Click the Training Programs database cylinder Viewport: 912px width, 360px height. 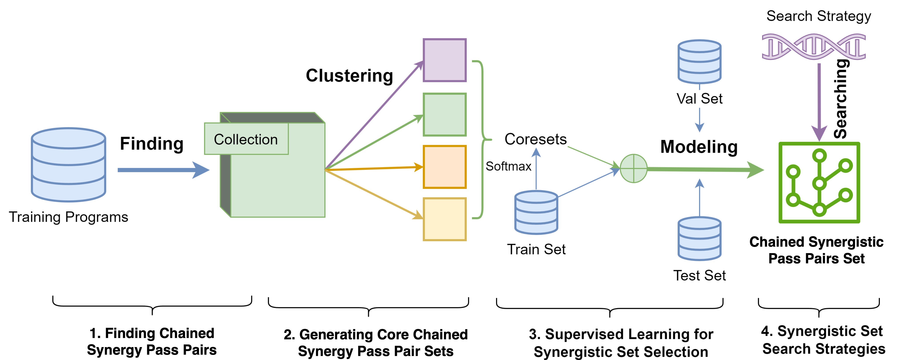pyautogui.click(x=68, y=165)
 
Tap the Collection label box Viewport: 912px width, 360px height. pyautogui.click(x=246, y=139)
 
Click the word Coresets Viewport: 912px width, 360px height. pyautogui.click(x=535, y=139)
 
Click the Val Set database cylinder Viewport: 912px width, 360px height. pyautogui.click(x=699, y=62)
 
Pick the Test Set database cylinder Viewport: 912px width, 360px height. pyautogui.click(x=699, y=239)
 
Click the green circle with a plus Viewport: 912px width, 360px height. pyautogui.click(x=633, y=168)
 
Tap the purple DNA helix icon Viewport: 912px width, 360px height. pyautogui.click(x=814, y=47)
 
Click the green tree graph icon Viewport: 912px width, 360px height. pyautogui.click(x=819, y=183)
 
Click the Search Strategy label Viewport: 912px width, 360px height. pyautogui.click(x=818, y=16)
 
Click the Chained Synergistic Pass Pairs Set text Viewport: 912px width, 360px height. pyautogui.click(x=816, y=250)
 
